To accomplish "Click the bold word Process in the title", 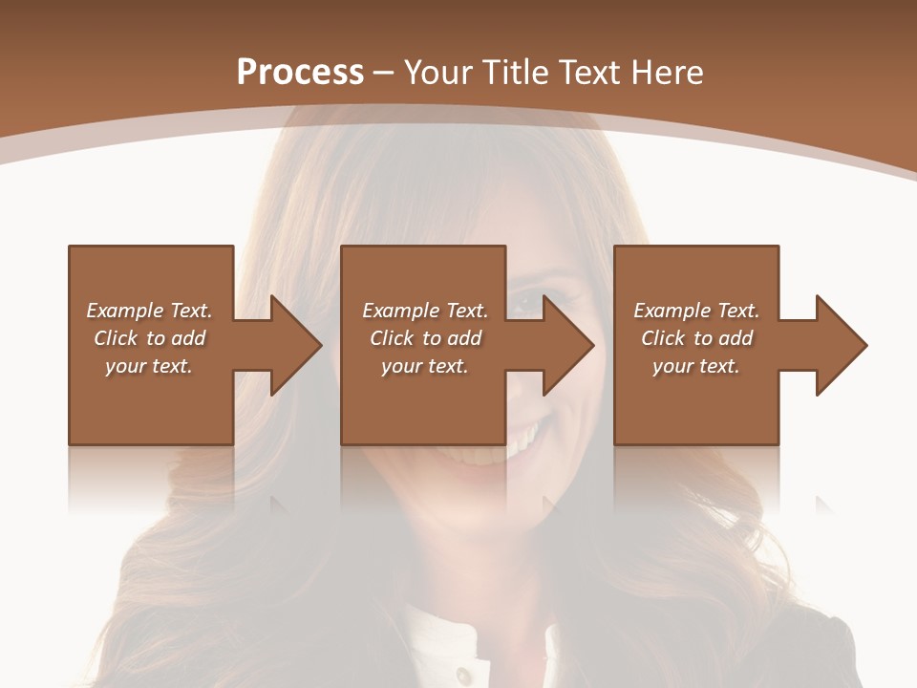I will tap(300, 73).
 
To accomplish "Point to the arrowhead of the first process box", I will tap(295, 345).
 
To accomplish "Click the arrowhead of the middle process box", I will tap(568, 345).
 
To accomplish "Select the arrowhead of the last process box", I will tap(842, 345).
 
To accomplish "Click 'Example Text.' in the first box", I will tap(149, 311).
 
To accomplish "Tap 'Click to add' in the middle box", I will tap(425, 338).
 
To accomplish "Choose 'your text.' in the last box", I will tap(695, 366).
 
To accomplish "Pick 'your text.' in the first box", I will tap(149, 366).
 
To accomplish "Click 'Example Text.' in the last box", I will tap(696, 311).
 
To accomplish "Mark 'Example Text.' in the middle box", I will tap(425, 311).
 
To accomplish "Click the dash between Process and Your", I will tap(384, 73).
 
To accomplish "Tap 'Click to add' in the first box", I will tap(149, 338).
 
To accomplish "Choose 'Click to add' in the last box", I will tap(696, 338).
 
